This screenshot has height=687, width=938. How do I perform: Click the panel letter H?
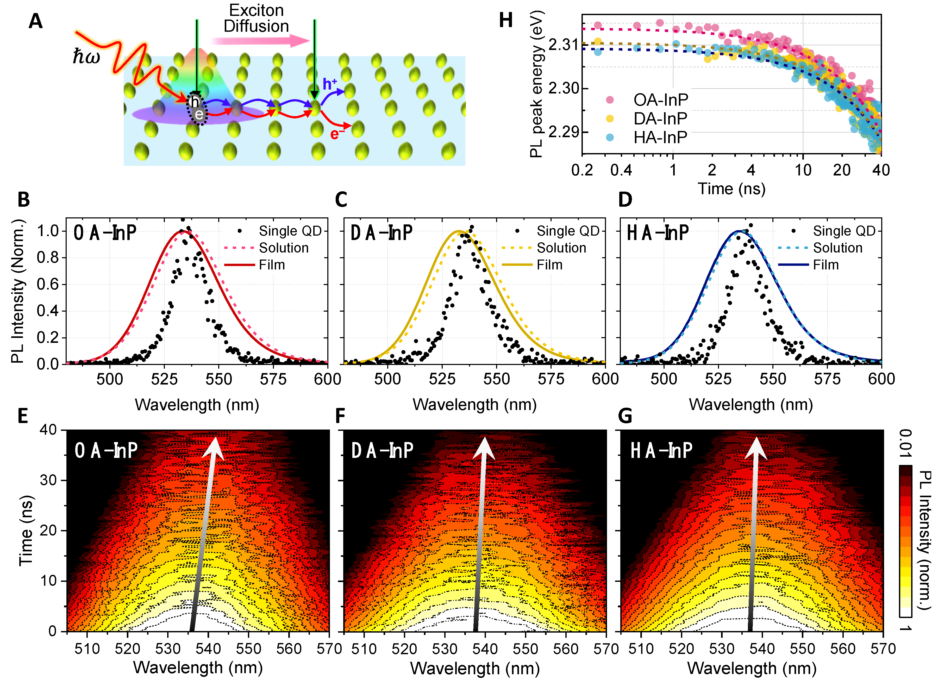pos(505,20)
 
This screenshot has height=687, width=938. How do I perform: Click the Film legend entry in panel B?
pos(272,265)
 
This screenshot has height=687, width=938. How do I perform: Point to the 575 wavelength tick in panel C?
pos(551,379)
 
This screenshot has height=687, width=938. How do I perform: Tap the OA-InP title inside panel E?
pos(106,450)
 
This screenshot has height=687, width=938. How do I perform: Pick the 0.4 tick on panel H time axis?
pos(621,170)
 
